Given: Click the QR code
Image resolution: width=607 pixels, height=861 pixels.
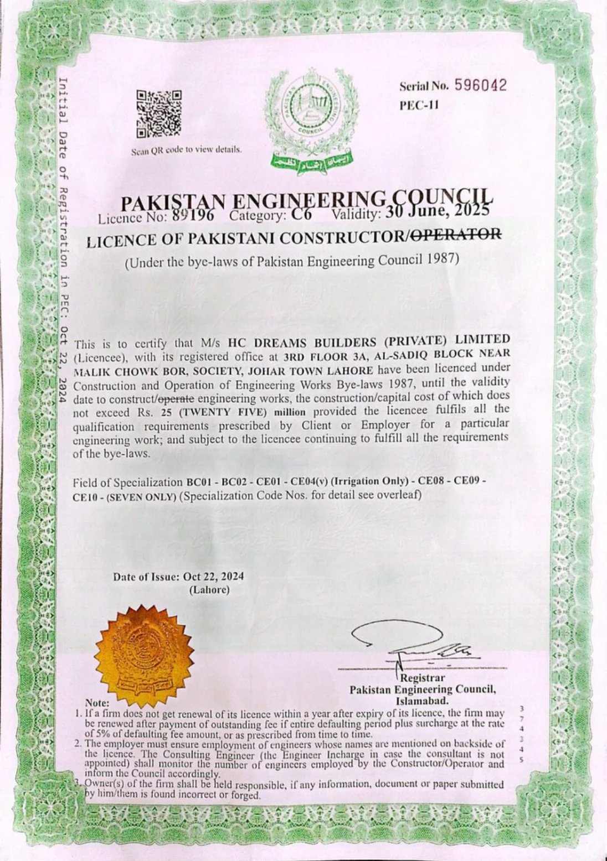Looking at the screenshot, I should [159, 113].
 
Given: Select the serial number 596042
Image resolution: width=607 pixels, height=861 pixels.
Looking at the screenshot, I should [481, 85].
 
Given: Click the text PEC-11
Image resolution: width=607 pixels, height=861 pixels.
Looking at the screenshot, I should [419, 105].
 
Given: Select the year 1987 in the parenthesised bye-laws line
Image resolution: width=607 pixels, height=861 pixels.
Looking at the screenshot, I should [443, 258].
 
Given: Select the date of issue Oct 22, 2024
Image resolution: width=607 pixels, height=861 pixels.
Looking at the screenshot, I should [213, 577].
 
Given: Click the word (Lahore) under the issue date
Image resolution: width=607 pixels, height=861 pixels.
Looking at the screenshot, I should [209, 590].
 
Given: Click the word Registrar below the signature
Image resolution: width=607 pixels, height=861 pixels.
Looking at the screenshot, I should [423, 678].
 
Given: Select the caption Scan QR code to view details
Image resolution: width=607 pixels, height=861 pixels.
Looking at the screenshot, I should [187, 150].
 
